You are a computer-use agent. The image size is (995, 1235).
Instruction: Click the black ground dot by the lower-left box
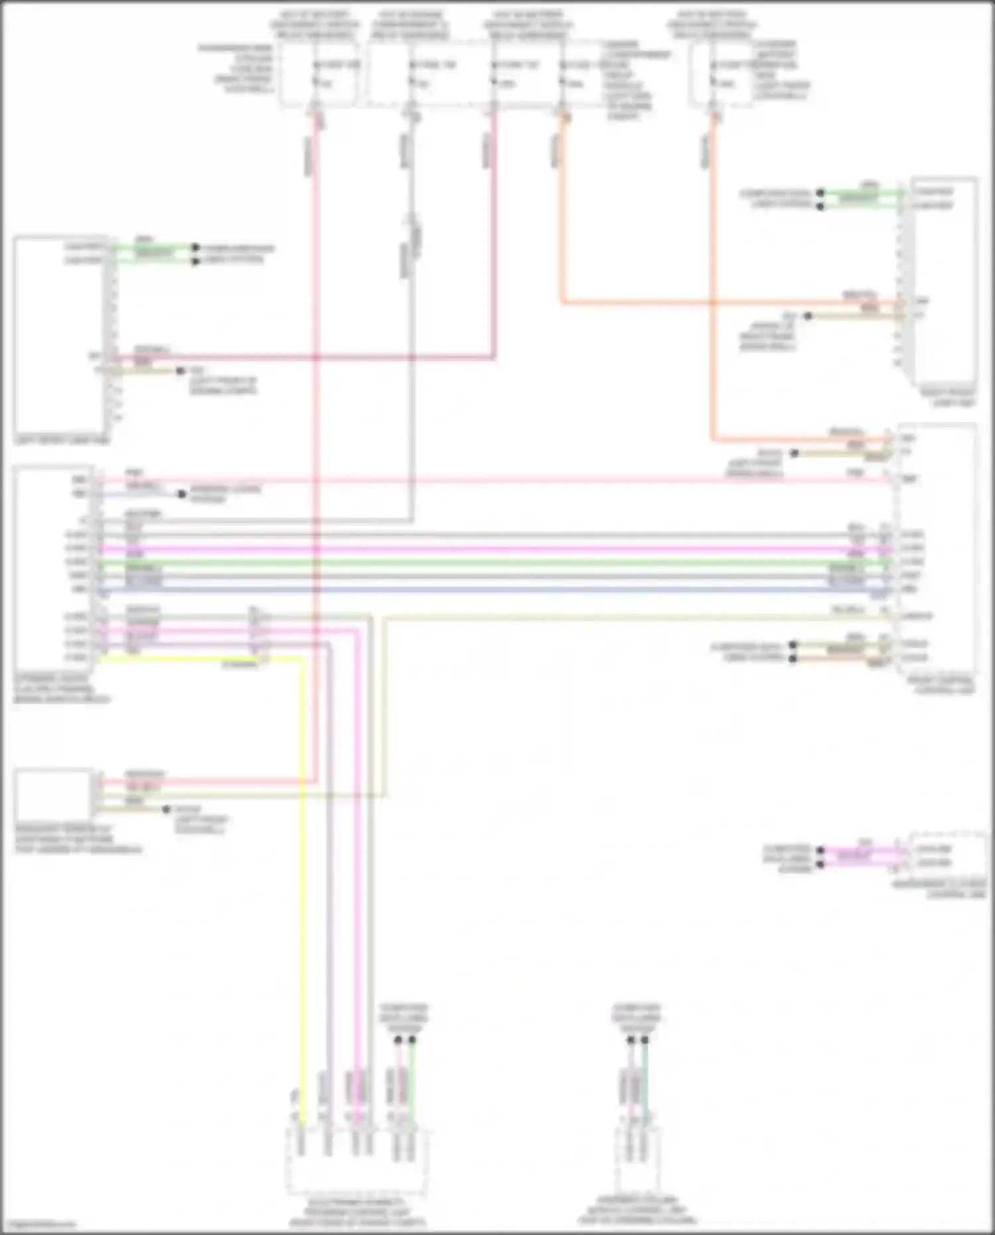pyautogui.click(x=167, y=810)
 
